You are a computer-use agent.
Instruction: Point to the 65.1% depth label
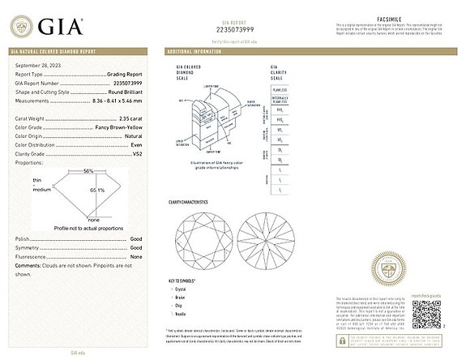pyautogui.click(x=98, y=190)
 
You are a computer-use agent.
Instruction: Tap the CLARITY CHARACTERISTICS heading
pyautogui.click(x=189, y=201)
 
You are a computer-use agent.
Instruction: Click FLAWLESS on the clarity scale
pyautogui.click(x=278, y=91)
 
